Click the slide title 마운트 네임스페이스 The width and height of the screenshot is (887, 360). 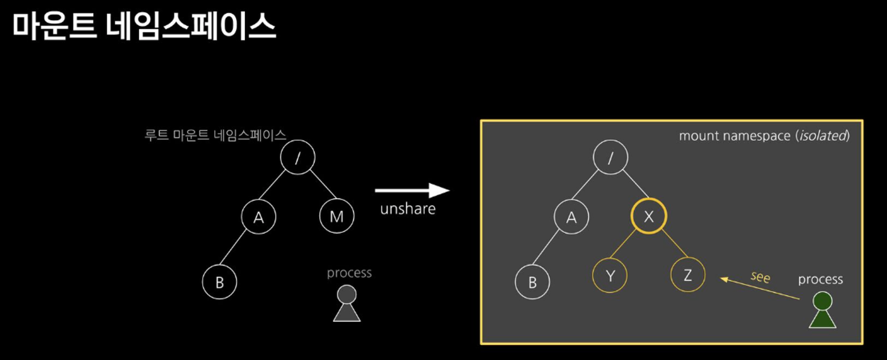[144, 26]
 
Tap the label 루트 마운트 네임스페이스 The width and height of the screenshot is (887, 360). [215, 135]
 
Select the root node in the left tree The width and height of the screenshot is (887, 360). [298, 157]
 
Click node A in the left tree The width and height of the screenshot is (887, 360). [258, 217]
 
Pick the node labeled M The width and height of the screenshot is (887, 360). [337, 216]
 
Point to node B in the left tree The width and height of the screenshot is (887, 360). [219, 282]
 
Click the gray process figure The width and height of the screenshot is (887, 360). [347, 304]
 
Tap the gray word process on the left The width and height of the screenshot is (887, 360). [349, 273]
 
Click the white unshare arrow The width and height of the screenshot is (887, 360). [412, 190]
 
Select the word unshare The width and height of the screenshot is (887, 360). [407, 209]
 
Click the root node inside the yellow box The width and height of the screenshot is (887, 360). [610, 157]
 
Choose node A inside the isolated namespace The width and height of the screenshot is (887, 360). [571, 217]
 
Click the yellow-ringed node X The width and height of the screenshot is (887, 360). [649, 216]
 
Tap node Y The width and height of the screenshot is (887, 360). [610, 276]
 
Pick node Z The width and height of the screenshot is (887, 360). [688, 275]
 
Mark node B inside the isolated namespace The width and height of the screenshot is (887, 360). [532, 282]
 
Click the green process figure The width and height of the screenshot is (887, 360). [822, 310]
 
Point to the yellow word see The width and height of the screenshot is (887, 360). [760, 277]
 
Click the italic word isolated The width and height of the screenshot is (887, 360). [823, 135]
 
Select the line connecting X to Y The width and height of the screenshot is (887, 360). [623, 243]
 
